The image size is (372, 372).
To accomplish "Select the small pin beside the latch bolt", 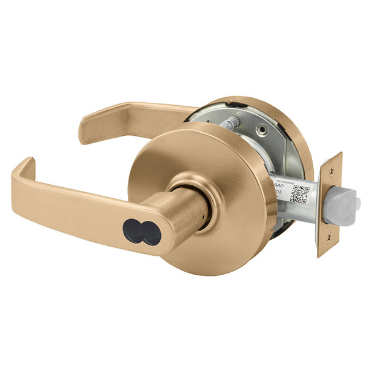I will coord(357,203).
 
